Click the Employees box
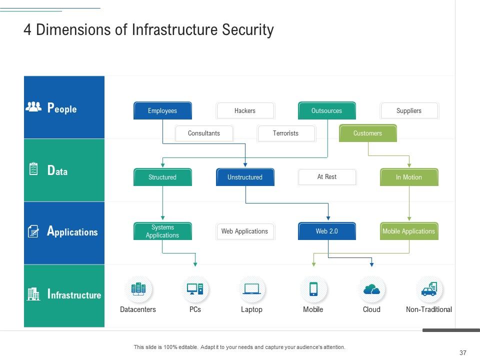coord(162,111)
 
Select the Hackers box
coord(245,111)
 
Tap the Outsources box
coord(327,111)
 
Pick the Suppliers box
coord(409,111)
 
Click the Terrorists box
coord(286,133)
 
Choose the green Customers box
coord(367,133)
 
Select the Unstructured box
coord(245,177)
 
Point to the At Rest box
coord(327,177)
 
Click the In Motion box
coord(409,177)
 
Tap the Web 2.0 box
coord(327,231)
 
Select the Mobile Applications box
coord(409,231)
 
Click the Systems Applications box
coord(162,231)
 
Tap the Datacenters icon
coord(138,289)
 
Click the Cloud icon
coord(371,289)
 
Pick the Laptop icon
coord(251,289)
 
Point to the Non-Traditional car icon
coord(429,289)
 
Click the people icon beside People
coord(33,107)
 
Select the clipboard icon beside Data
coord(33,169)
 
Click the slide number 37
coord(462,352)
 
